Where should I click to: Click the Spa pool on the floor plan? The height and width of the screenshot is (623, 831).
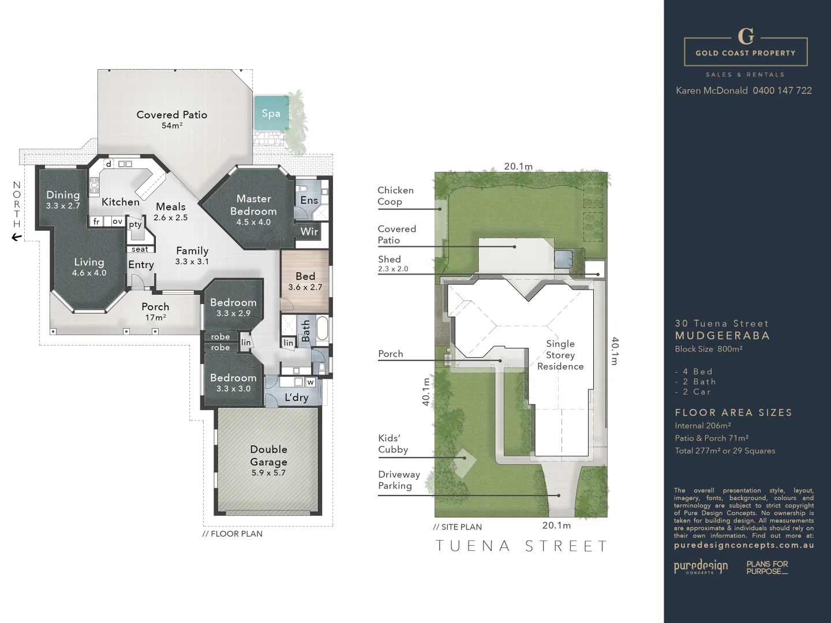click(270, 113)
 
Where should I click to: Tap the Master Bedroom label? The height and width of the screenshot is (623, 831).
click(253, 205)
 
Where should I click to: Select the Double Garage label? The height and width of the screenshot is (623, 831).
click(268, 456)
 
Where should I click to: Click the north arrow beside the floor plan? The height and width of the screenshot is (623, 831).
click(17, 237)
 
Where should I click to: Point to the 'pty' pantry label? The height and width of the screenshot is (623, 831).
click(135, 224)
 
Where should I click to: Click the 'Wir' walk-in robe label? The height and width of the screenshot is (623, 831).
click(309, 231)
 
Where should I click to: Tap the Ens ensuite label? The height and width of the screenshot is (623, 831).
click(309, 200)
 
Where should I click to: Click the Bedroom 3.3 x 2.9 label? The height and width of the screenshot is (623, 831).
click(233, 307)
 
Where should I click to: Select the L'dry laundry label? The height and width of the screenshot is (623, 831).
click(296, 397)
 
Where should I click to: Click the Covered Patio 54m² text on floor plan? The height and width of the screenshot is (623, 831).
click(171, 119)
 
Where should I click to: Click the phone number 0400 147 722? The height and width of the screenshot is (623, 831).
click(782, 91)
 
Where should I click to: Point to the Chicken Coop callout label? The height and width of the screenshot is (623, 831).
click(395, 196)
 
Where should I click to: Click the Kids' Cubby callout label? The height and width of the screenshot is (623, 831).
click(393, 444)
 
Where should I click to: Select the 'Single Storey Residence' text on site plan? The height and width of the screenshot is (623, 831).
click(560, 355)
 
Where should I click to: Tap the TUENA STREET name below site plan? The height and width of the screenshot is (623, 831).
click(521, 546)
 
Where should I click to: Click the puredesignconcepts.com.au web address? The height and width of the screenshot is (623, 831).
click(743, 545)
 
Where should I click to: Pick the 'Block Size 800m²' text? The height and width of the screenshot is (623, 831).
click(708, 349)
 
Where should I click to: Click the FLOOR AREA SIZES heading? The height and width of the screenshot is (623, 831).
click(733, 412)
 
